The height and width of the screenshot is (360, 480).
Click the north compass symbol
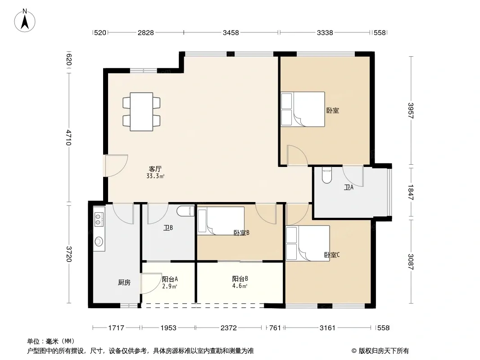25,21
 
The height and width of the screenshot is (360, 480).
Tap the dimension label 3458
231,32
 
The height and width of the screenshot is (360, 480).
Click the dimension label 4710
68,138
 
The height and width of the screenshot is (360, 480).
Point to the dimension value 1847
411,193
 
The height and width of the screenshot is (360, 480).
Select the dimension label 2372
229,328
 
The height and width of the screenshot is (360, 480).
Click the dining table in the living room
141,112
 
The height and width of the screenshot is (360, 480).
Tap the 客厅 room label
155,169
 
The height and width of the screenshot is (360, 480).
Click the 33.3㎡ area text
155,176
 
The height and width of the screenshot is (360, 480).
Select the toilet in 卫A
327,175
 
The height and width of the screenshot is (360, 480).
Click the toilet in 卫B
186,211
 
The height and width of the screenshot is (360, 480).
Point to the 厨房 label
124,283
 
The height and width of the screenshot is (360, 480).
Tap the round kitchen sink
99,241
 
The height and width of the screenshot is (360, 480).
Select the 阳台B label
240,279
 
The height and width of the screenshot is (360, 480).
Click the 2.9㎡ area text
170,286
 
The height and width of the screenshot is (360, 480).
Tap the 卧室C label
332,255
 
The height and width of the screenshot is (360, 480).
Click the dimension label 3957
411,110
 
